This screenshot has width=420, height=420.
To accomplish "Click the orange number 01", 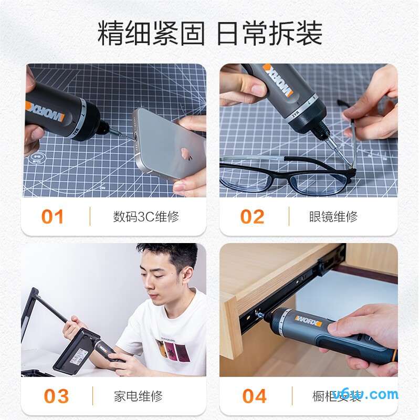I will click(x=52, y=217).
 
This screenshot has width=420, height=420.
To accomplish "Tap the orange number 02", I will click(x=252, y=217).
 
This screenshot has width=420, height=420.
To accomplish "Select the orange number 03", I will click(x=56, y=396).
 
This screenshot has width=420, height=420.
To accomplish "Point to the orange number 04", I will click(x=255, y=396).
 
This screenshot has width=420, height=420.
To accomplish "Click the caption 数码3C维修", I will click(x=146, y=217).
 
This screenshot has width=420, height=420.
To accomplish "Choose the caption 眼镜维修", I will click(x=333, y=217).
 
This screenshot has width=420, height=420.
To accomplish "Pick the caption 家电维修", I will click(x=138, y=396).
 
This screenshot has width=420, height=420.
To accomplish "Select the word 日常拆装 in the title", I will click(x=269, y=35).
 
